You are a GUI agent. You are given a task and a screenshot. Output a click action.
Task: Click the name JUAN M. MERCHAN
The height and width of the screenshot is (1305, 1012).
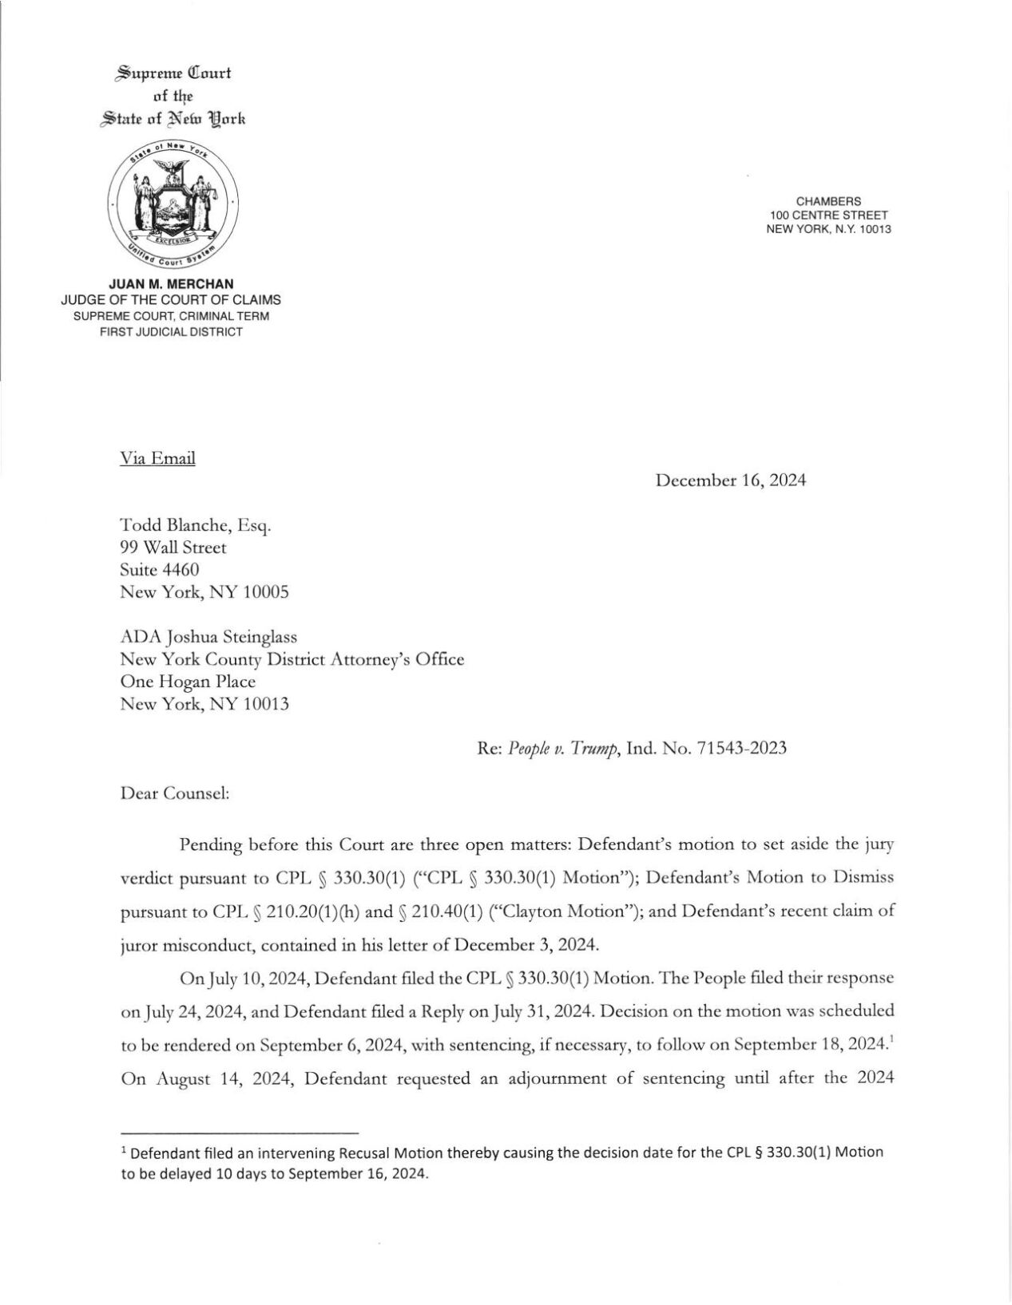click(171, 284)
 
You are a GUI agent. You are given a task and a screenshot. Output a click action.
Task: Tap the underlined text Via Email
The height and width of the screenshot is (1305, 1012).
click(157, 458)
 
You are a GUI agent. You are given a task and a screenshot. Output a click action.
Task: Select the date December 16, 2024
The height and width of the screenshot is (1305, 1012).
click(730, 480)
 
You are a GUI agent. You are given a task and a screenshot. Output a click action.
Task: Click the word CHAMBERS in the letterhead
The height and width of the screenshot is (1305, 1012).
click(828, 201)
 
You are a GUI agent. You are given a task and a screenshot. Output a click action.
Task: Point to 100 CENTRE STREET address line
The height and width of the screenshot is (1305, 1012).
click(828, 216)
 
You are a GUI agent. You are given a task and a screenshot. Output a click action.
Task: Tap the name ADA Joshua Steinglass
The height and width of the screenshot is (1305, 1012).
click(208, 637)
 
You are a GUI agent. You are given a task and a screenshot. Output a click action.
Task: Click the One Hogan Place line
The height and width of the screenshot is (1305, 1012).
click(188, 682)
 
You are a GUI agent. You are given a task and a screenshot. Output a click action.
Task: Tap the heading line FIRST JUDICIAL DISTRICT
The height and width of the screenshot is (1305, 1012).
click(171, 331)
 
